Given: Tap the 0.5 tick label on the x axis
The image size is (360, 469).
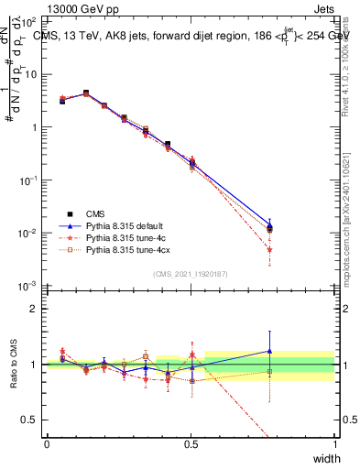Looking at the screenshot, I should [x=191, y=443].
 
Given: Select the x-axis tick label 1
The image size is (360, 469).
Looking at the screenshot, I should [x=334, y=443].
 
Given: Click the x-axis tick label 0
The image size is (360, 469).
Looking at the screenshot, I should [x=47, y=443].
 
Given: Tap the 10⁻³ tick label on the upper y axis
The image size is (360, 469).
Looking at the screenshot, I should [x=29, y=286].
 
